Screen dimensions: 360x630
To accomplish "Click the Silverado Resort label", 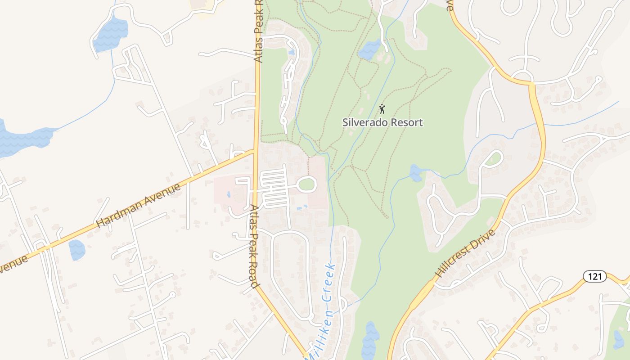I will (x=382, y=122).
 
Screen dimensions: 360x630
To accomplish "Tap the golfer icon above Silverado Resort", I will (x=382, y=108).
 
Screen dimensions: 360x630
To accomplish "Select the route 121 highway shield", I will (x=594, y=276).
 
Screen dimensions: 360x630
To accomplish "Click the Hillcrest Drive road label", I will (x=465, y=253).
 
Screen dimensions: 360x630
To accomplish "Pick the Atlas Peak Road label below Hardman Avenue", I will (x=254, y=246).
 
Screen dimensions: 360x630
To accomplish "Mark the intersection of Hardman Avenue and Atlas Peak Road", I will (x=256, y=151).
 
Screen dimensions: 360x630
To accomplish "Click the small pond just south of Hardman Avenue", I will (x=77, y=250).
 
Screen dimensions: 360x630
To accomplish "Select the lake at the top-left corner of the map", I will (x=110, y=34).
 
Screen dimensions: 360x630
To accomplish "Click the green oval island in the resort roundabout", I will (x=307, y=184).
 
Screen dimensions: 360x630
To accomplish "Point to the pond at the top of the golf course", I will (x=370, y=49).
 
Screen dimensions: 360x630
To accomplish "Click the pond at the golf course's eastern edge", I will (x=415, y=172).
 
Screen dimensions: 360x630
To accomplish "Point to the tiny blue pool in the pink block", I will (x=229, y=195).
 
